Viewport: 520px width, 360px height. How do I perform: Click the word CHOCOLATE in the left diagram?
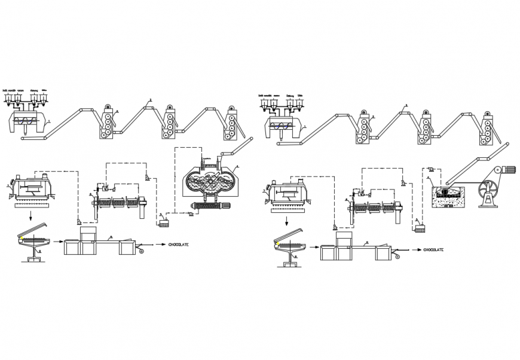pos(179,245)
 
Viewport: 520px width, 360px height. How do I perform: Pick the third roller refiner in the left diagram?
pos(231,125)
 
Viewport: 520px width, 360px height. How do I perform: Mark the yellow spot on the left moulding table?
pos(21,237)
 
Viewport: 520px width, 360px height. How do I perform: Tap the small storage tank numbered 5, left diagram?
pos(163,223)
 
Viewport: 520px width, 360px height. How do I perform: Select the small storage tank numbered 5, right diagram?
pos(420,229)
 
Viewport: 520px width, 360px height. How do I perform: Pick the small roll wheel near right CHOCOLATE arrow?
pos(396,257)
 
